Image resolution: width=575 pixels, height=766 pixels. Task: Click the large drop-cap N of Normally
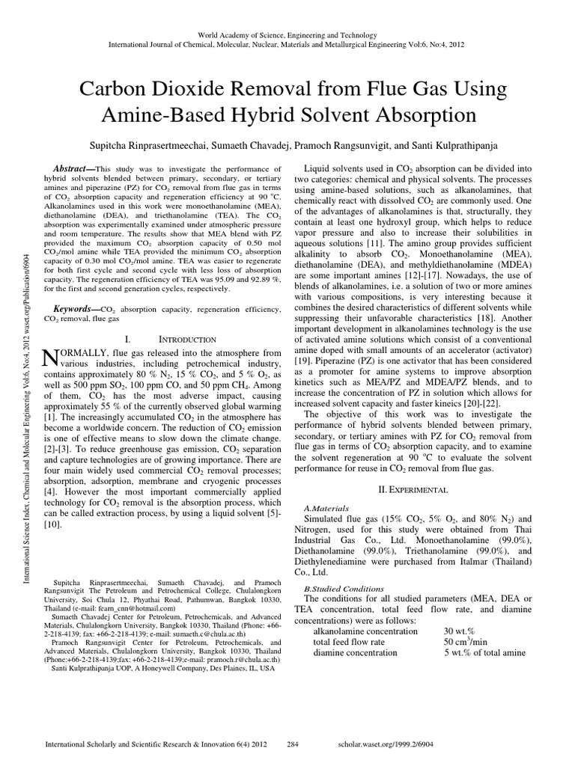(52, 359)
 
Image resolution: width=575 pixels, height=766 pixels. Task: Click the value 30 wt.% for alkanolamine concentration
(460, 631)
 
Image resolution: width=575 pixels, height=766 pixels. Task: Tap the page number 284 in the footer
(294, 745)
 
